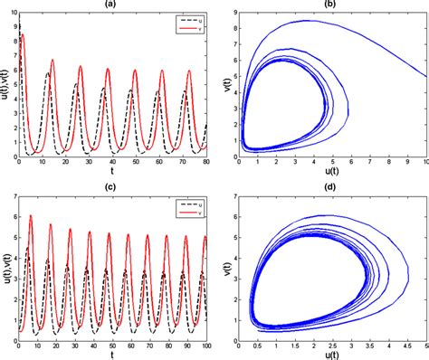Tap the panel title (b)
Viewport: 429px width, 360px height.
point(331,5)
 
